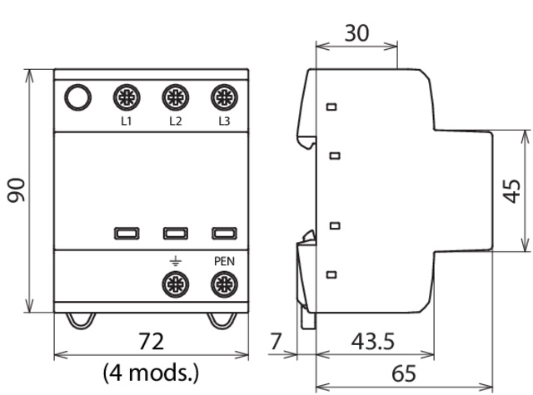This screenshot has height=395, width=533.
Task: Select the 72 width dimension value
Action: click(151, 341)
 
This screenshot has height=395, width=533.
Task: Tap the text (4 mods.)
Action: click(151, 370)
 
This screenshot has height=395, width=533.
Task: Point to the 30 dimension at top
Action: click(357, 33)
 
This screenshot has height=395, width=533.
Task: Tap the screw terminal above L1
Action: click(127, 97)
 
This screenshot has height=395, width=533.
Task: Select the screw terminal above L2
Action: click(175, 97)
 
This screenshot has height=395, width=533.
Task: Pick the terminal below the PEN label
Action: click(223, 285)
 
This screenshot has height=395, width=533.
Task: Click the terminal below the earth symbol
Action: click(175, 285)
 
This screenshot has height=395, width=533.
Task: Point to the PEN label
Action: click(223, 261)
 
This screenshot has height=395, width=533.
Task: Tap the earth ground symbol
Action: click(175, 261)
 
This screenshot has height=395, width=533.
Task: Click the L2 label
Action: click(175, 121)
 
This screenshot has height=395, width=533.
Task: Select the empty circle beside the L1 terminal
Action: click(77, 97)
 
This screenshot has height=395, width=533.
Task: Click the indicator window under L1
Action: click(127, 234)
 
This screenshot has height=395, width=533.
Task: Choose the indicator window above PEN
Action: click(223, 234)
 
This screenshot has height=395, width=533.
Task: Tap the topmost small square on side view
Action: click(332, 106)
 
